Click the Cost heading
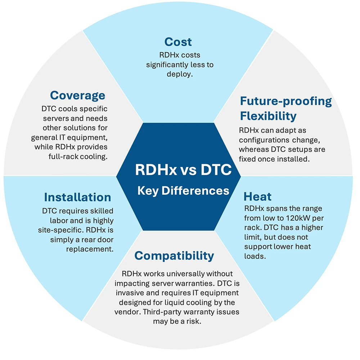(178, 42)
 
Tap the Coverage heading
(78, 95)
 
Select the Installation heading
(77, 197)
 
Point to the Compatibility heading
(174, 256)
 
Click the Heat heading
(257, 197)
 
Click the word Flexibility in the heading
(268, 116)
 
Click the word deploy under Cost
(179, 74)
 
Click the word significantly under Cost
(167, 65)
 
